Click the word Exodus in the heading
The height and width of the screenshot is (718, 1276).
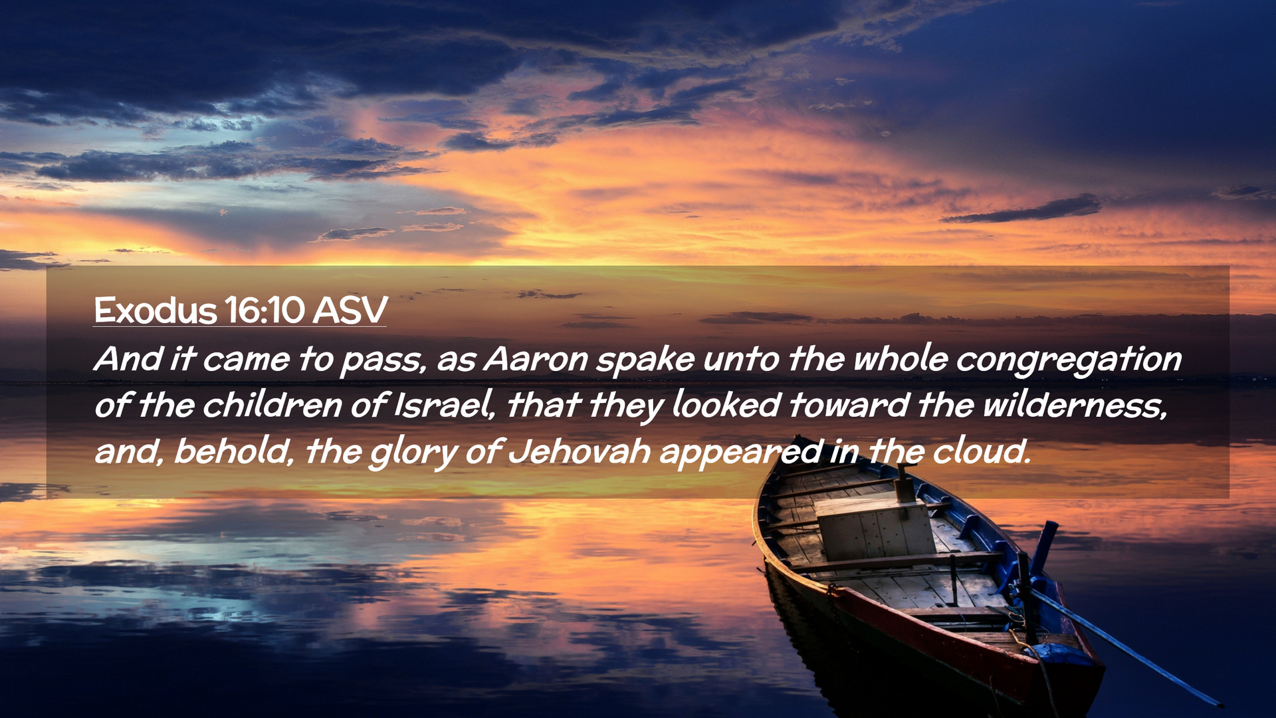point(156,310)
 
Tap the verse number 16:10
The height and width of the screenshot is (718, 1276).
point(265,310)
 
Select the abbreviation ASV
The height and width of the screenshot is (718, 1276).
point(350,310)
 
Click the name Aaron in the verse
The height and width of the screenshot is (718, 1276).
point(536,359)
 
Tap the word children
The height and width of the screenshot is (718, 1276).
point(272,405)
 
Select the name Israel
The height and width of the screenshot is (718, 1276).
point(444,405)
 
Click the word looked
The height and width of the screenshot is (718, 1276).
point(726,405)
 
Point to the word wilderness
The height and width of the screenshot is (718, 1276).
point(1075,405)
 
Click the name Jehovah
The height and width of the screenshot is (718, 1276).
point(580,451)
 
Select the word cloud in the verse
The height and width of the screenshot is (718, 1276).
point(982,451)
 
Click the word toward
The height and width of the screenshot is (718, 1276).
point(849,405)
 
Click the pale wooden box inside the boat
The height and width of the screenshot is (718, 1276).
point(875,530)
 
